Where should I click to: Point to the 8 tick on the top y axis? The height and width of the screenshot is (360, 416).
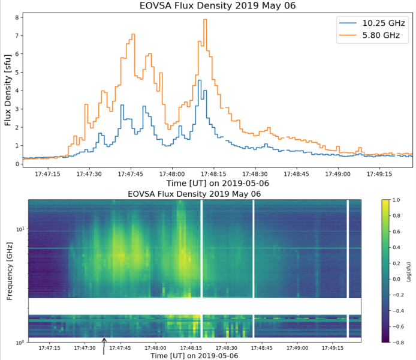tap(16, 18)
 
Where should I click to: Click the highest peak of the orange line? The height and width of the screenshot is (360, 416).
tap(205, 20)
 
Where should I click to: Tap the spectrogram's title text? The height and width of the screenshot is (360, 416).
tap(194, 194)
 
